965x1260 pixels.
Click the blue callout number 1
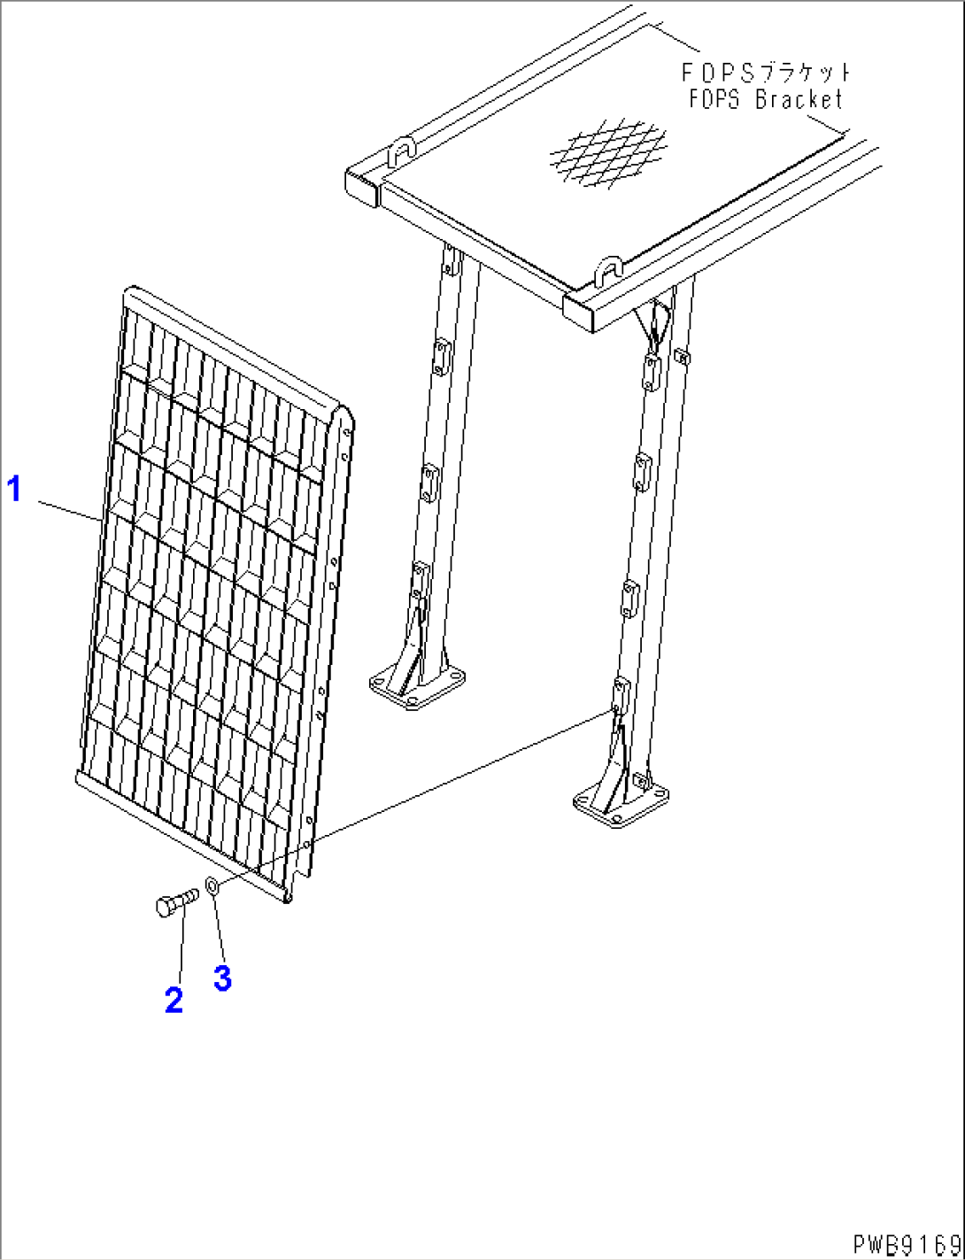[14, 489]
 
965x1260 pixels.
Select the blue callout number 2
[174, 1001]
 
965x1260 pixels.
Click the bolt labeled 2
[177, 905]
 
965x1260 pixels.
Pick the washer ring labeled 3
[212, 886]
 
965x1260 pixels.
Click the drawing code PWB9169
[907, 1243]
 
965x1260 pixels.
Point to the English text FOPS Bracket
[766, 100]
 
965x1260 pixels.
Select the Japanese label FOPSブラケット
[766, 73]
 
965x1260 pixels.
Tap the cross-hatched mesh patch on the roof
[608, 152]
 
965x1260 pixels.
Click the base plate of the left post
[417, 688]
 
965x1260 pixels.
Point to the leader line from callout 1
[70, 511]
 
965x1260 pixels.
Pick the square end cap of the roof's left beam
[363, 188]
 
